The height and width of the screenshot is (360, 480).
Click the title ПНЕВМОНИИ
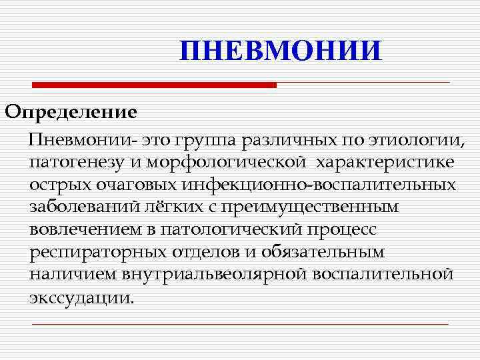tap(281, 51)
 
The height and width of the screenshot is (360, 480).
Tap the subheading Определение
tap(71, 111)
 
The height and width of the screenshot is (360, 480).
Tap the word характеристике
tap(386, 163)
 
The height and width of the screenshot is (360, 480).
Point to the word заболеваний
tap(87, 207)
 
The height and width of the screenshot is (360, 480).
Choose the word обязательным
tap(323, 253)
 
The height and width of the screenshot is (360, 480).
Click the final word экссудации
tap(81, 297)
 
